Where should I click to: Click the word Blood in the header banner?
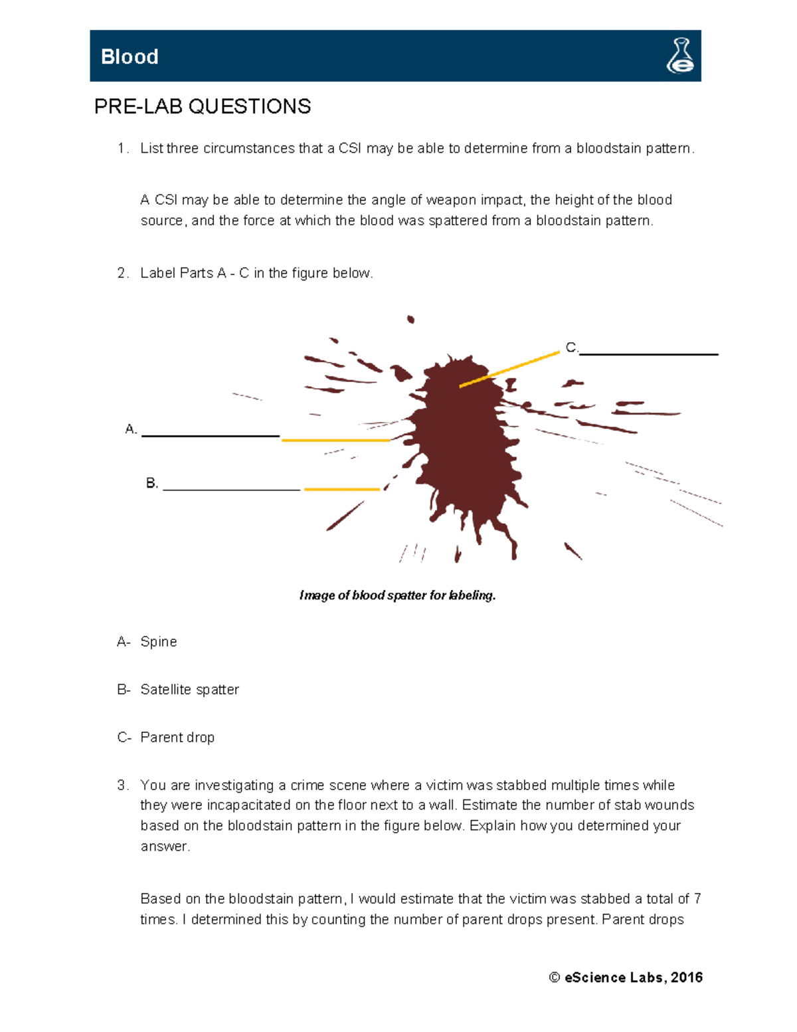point(130,57)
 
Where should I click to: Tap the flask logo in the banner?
point(680,56)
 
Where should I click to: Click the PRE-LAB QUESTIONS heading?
point(203,106)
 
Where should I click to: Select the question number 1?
point(122,149)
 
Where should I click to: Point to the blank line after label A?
point(211,435)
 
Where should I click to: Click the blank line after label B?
point(231,489)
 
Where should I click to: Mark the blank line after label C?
point(648,354)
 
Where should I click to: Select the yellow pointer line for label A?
point(335,440)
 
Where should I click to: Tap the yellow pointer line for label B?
point(341,489)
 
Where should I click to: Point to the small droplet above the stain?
point(410,320)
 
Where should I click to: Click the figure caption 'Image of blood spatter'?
point(397,595)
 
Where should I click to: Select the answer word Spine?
point(159,642)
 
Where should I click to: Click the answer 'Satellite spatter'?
point(189,690)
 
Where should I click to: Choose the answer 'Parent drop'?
point(177,738)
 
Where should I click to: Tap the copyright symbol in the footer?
point(555,978)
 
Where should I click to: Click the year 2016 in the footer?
point(687,978)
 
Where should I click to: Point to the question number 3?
point(122,785)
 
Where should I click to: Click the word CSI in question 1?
point(350,149)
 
